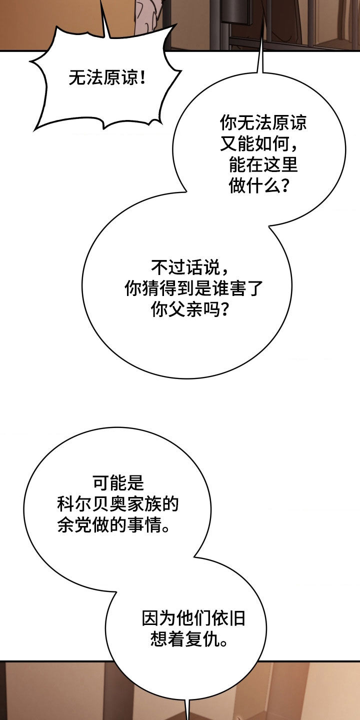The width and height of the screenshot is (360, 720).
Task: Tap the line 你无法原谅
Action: [263, 123]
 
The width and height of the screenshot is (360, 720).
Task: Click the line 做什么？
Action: [259, 186]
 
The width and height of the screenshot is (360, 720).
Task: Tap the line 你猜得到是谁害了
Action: [193, 289]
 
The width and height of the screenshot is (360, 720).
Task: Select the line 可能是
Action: [118, 483]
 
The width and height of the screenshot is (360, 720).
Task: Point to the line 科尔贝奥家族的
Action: [118, 504]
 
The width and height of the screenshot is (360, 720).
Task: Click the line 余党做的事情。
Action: [113, 526]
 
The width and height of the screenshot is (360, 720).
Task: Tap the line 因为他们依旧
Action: [193, 619]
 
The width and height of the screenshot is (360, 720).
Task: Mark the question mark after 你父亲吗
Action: [224, 310]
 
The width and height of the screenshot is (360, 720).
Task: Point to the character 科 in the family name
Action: [66, 504]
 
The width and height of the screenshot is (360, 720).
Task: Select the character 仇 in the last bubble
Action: [211, 640]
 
